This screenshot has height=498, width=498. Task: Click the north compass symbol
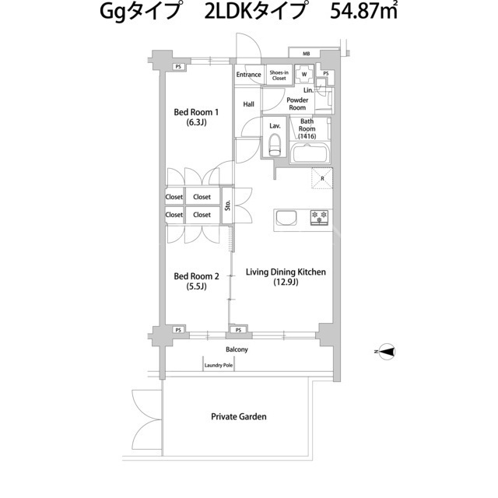click(388, 352)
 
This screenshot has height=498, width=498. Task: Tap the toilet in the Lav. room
click(275, 145)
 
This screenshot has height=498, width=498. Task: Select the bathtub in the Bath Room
click(310, 154)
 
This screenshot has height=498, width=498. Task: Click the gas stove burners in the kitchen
click(320, 218)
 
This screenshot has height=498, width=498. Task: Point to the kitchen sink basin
click(286, 218)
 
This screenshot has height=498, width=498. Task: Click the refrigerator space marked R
click(322, 178)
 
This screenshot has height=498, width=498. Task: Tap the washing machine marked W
click(304, 74)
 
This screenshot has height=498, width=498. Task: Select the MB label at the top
click(306, 54)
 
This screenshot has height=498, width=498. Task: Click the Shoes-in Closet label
click(279, 75)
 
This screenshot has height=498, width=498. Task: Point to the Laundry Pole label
click(219, 365)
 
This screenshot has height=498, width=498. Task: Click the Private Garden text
click(239, 416)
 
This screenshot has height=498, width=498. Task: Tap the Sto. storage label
click(227, 205)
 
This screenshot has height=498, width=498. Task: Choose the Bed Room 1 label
click(196, 112)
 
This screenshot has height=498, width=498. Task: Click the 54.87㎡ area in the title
click(363, 12)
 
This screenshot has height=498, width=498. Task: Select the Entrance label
click(248, 75)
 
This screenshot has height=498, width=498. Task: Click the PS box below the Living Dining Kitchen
click(239, 330)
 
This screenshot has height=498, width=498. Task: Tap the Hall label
click(249, 104)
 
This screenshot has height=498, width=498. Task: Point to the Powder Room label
click(297, 103)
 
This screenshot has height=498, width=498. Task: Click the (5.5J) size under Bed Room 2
click(196, 286)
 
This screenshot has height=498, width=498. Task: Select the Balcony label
click(237, 349)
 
